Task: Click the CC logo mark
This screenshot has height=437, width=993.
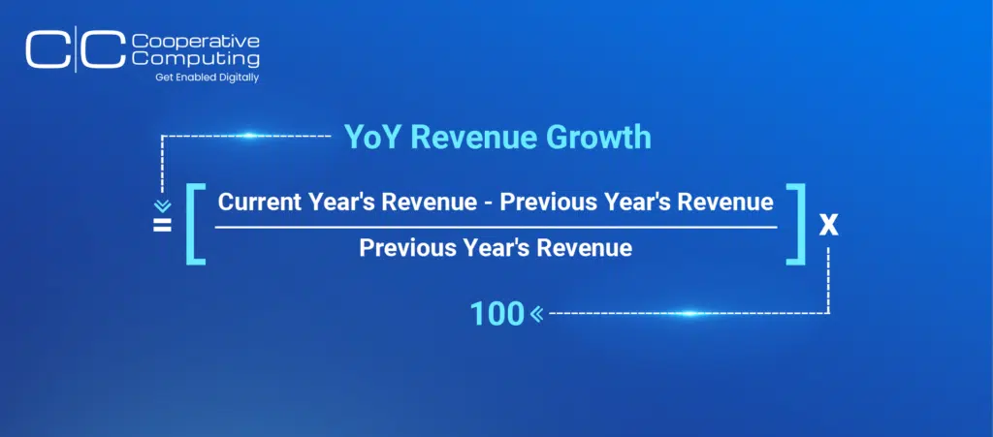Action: coord(76,48)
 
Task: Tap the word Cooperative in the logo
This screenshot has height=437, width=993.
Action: coord(196,42)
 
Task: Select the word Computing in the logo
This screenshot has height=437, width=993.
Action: coord(196,58)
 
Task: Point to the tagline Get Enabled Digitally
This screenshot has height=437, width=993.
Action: coord(208,78)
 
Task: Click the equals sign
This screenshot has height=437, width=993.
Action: coord(162,225)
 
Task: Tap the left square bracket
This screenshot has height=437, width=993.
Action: coord(196,224)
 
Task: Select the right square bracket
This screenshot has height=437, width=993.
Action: coord(795,224)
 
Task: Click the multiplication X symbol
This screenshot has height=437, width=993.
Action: coord(828,225)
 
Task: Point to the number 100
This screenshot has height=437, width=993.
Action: coord(496,314)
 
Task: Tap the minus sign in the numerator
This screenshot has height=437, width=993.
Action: coord(489,203)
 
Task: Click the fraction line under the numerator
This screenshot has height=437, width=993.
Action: coord(496,227)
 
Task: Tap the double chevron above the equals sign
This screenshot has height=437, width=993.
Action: coord(163,206)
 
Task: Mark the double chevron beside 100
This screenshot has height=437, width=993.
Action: coord(536,314)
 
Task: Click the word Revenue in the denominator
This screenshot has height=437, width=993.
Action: coord(584,247)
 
